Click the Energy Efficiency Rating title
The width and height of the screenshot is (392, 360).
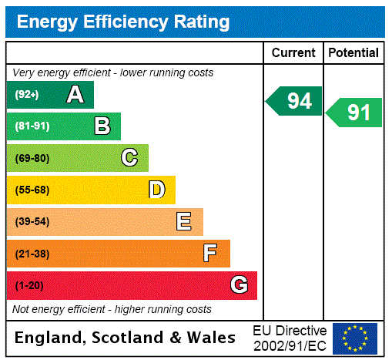click(123, 22)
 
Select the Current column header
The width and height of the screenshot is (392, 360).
click(293, 53)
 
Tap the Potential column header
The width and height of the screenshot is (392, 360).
click(353, 53)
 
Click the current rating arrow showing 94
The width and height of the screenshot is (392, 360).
click(295, 101)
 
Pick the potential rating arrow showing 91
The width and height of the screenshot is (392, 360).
click(355, 113)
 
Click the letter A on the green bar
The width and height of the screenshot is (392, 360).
click(75, 95)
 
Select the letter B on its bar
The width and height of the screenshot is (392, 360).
click(102, 126)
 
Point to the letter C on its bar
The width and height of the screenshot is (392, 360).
click(129, 158)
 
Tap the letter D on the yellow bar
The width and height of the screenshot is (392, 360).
click(157, 190)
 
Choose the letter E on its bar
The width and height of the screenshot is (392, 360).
click(184, 222)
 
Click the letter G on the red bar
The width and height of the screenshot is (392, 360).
click(239, 285)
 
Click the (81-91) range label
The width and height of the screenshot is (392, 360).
click(32, 126)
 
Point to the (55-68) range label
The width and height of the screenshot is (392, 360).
click(32, 190)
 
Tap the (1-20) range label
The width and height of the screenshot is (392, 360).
click(29, 285)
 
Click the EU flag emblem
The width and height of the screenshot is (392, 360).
click(355, 338)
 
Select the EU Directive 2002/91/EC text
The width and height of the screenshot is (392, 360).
click(290, 338)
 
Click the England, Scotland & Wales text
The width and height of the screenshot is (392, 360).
click(126, 338)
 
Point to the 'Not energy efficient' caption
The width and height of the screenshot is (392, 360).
click(112, 309)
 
